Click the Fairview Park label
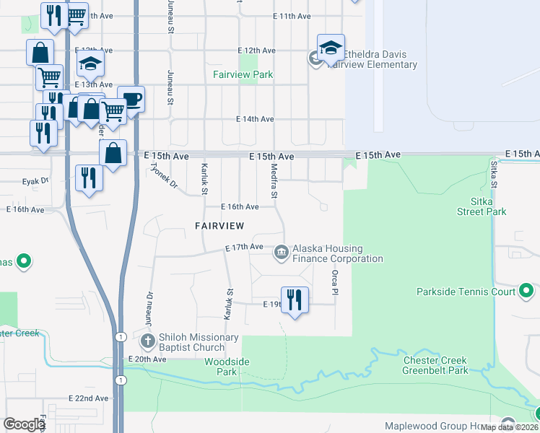coord(243,74)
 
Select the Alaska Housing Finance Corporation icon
coord(281,252)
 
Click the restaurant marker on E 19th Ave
coord(295,299)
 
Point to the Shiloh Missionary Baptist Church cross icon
coord(147,341)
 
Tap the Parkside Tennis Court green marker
coord(526,292)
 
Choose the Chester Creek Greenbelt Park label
coord(435,365)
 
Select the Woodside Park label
coord(221,367)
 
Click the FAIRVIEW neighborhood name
coord(219,226)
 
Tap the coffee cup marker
coord(131,99)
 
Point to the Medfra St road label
coord(274,180)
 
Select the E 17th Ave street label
coord(244,248)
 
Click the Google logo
coord(24,424)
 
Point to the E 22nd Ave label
coord(89,398)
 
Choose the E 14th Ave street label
coord(255,119)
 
